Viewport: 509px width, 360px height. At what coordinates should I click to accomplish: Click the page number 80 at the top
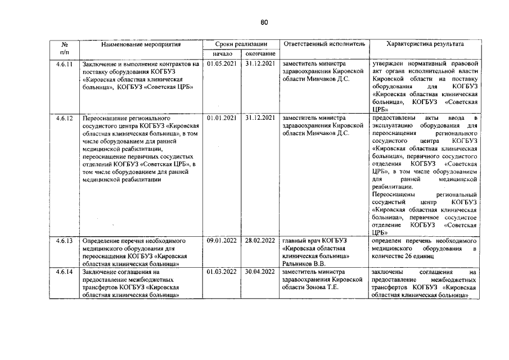(264, 22)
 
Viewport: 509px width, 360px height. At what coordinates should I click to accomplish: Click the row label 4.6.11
(65, 64)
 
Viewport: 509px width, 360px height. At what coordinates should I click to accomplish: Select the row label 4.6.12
(65, 118)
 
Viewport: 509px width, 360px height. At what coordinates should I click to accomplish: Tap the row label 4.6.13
(65, 240)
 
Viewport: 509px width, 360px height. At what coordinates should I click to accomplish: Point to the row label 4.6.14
(65, 272)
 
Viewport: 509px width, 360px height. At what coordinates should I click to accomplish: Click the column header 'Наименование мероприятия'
(141, 44)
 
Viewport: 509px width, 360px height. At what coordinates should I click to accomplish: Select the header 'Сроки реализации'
(241, 44)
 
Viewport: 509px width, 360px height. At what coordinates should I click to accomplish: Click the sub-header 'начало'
(223, 53)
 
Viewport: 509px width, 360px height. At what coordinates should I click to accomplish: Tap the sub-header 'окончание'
(260, 53)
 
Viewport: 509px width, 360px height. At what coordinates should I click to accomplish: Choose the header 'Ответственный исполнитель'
(325, 44)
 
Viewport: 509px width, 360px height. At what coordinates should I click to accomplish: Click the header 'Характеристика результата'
(426, 44)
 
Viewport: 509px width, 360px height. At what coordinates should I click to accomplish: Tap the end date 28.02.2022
(260, 240)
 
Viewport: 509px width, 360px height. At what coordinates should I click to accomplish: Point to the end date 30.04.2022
(260, 272)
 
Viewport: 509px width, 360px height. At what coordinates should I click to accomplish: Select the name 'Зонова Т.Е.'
(323, 287)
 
